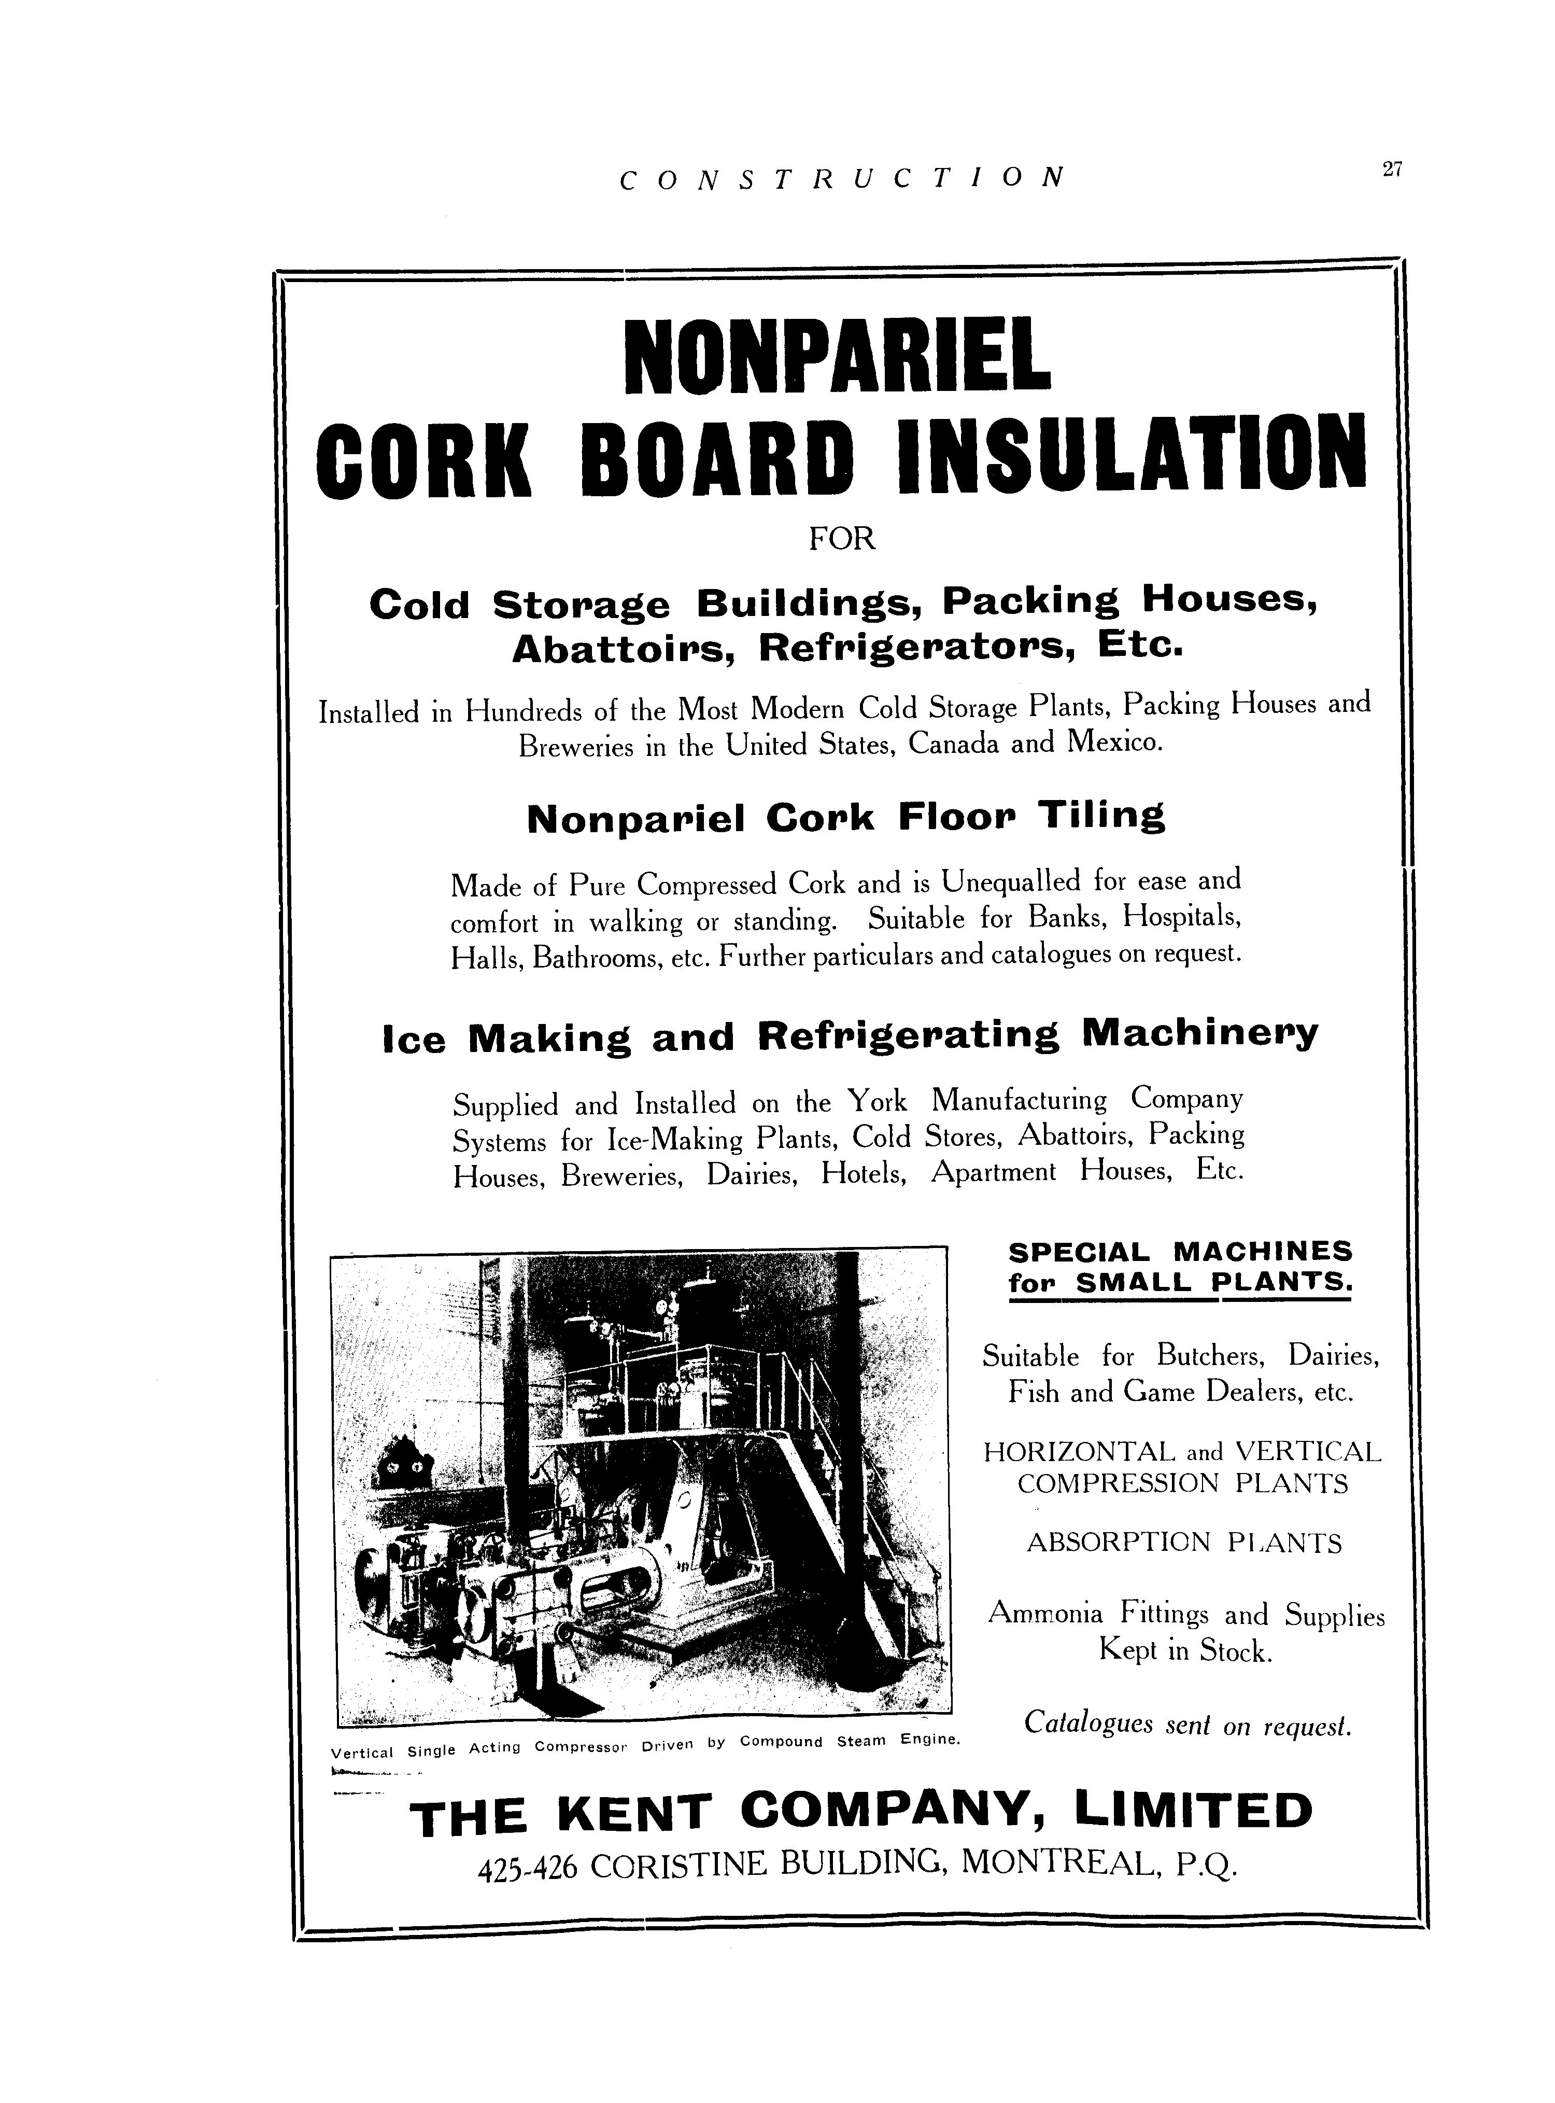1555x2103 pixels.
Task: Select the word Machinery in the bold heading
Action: (1200, 1034)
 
